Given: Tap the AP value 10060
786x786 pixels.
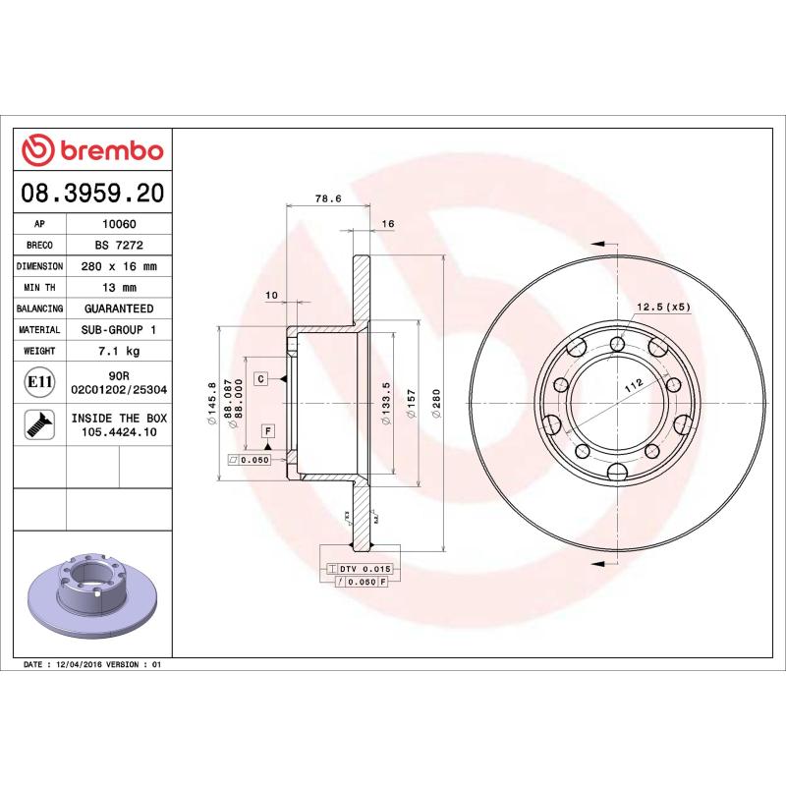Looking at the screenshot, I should point(119,224).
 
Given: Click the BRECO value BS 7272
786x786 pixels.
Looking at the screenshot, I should point(119,245).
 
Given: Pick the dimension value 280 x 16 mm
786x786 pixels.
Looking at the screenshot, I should point(119,266).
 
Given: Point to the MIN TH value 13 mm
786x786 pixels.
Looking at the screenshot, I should point(119,288).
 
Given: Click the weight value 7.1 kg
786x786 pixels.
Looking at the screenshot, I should point(119,351).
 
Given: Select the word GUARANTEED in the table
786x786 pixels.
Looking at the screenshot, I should point(119,309).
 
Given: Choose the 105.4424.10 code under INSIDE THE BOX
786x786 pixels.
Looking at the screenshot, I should point(119,432).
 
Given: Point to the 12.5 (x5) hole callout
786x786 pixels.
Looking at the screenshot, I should point(664,307).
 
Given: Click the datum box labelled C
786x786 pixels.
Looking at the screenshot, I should point(262,378).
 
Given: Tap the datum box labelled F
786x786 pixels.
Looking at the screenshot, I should point(267,431).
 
